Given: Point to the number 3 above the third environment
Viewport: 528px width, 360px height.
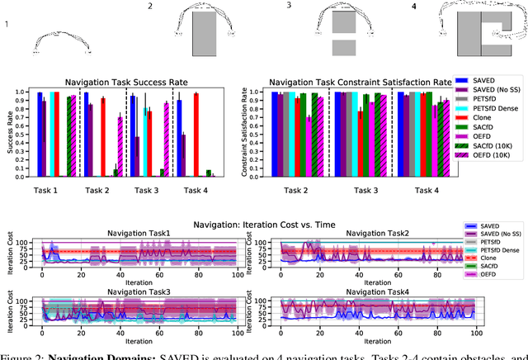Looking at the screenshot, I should tap(289, 6).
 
